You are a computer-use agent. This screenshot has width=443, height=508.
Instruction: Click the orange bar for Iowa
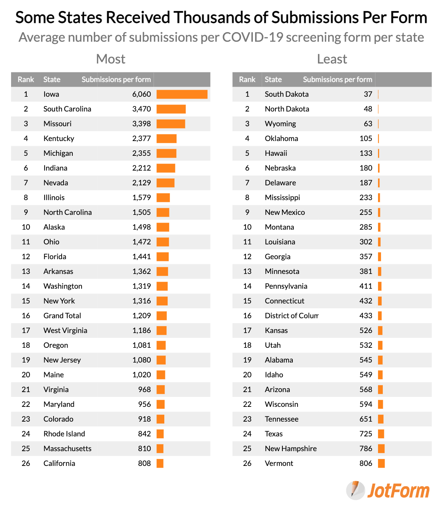182,94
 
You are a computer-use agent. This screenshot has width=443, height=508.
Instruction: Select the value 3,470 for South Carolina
141,109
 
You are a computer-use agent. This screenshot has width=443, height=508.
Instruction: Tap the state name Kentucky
59,138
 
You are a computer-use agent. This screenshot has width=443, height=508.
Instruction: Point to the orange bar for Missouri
171,124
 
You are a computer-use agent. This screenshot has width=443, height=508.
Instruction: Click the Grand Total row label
62,316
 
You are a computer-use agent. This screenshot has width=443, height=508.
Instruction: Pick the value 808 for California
144,463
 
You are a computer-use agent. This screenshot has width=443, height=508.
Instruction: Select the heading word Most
111,59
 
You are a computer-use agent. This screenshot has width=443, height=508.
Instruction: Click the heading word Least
332,59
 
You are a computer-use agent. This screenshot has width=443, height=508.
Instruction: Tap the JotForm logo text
398,491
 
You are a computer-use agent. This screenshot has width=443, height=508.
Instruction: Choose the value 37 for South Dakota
368,94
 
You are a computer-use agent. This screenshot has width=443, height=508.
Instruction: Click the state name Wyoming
280,124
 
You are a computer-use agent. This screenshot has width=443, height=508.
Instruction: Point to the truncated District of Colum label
291,316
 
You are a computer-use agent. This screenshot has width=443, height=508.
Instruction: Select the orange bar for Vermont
381,463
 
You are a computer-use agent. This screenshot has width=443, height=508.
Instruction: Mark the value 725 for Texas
366,434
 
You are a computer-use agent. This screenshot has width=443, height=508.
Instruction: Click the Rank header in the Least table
247,79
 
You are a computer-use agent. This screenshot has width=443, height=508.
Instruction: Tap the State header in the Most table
52,79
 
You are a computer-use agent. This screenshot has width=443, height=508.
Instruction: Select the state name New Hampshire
291,449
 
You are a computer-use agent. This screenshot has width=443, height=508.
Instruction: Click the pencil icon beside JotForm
355,490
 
